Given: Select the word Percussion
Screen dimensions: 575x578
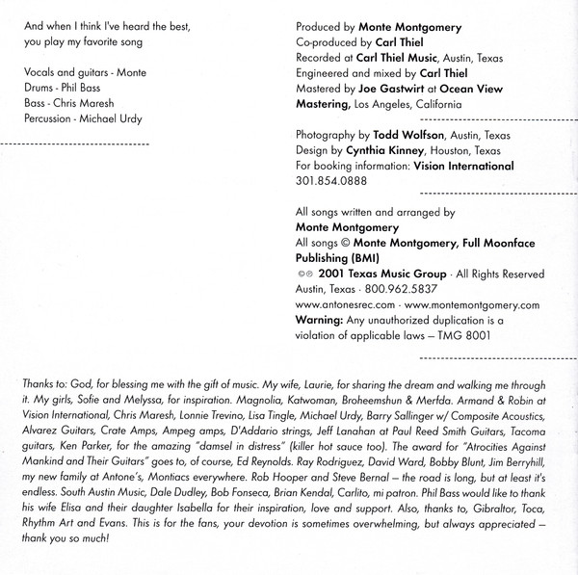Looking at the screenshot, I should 46,118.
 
